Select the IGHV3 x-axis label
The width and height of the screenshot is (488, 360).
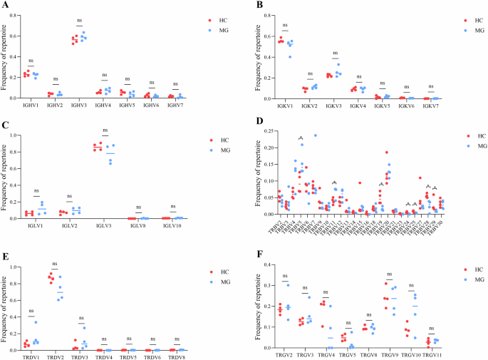[x=80, y=104]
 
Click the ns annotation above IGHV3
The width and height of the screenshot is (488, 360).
[x=80, y=20]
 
